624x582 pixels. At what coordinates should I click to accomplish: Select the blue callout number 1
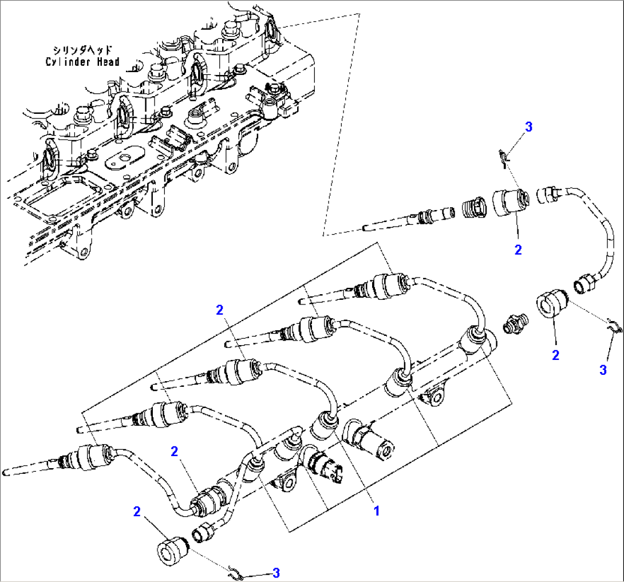(376, 510)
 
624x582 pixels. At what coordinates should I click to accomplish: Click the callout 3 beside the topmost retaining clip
(528, 127)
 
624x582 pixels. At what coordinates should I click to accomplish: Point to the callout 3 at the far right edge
(602, 370)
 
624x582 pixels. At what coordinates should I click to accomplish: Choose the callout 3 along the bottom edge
(276, 572)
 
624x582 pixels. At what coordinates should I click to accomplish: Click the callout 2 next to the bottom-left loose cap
(137, 511)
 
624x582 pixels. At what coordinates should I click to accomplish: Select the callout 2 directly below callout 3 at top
(518, 250)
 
